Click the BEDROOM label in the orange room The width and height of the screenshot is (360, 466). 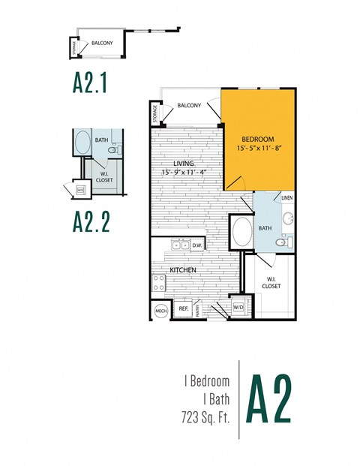click(x=257, y=140)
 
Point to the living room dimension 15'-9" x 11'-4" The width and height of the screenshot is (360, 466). click(x=184, y=172)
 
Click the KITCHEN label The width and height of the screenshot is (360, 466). click(x=183, y=269)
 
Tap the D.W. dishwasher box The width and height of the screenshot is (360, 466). click(x=197, y=245)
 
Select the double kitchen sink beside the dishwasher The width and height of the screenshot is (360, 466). click(x=179, y=245)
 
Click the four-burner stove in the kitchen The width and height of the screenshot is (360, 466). click(x=159, y=282)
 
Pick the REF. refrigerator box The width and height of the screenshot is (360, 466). click(x=182, y=308)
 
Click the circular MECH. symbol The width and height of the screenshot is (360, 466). click(x=160, y=310)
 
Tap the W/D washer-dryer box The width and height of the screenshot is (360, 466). click(x=238, y=307)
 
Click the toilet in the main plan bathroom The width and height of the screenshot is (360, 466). click(x=282, y=243)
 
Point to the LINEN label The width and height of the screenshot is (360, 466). click(x=286, y=197)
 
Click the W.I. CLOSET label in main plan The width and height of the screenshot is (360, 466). click(x=271, y=283)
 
